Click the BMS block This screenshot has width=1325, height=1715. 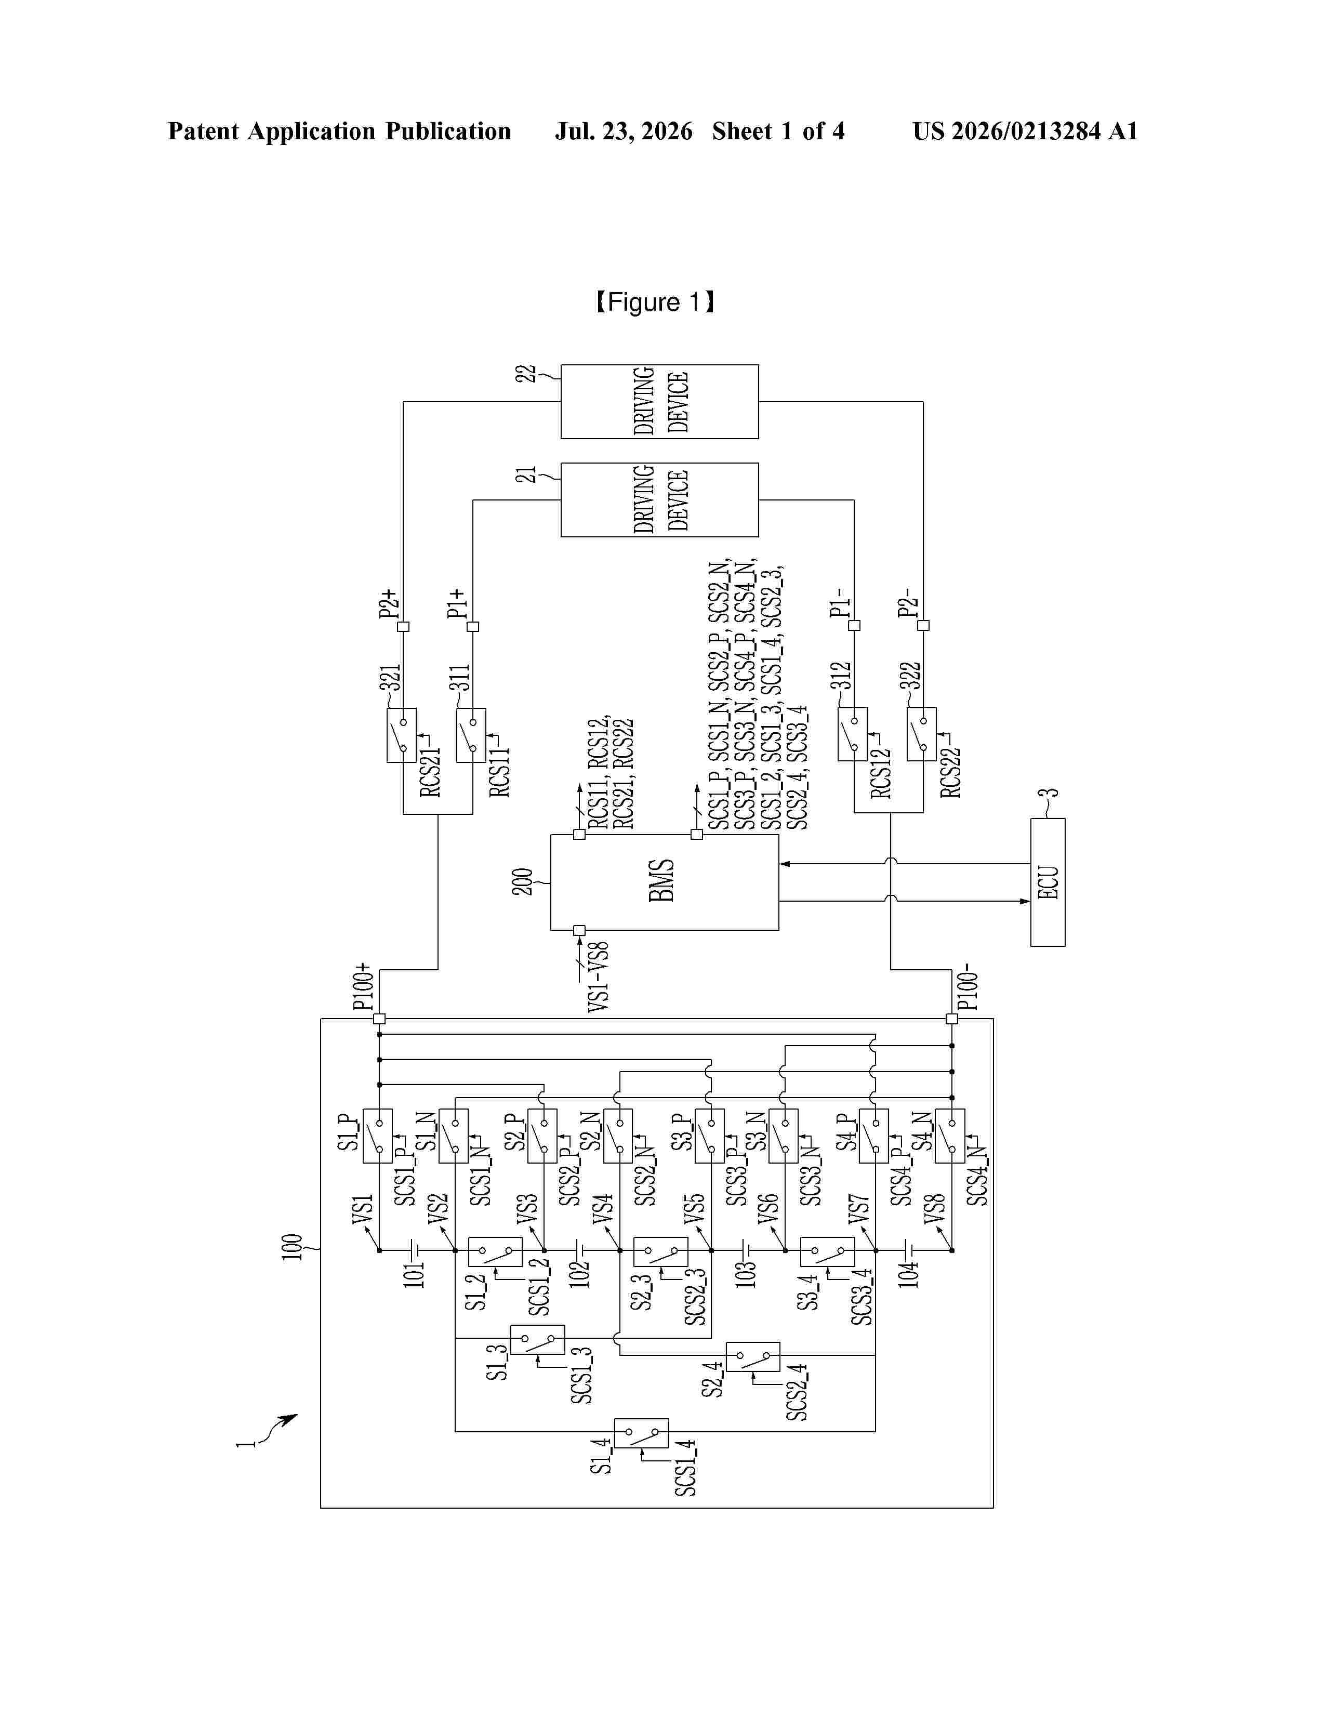pos(664,882)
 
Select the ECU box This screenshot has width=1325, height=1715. pos(1048,882)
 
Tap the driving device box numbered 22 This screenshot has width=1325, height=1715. pos(659,401)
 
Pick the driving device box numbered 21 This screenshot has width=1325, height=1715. pos(659,499)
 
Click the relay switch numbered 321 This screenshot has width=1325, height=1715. pos(401,735)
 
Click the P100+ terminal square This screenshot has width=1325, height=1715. pos(379,1019)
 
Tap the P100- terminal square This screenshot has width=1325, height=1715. pos(952,1019)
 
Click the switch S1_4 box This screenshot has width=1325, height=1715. pos(641,1433)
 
